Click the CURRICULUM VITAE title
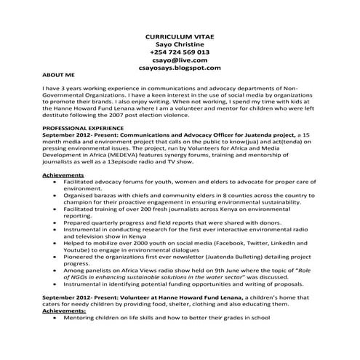point(180,35)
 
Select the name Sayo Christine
point(180,44)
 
